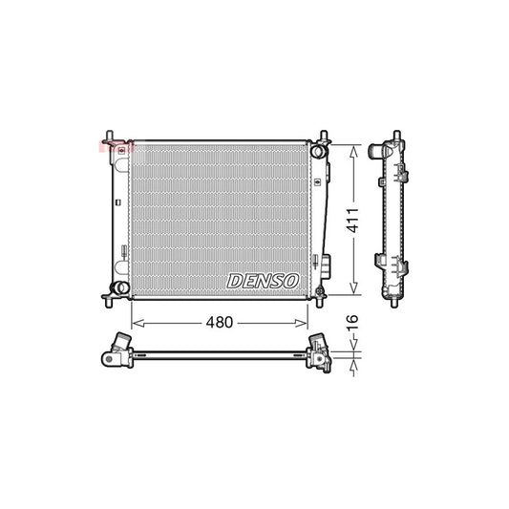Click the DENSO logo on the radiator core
tap(264, 280)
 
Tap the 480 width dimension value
tap(220, 323)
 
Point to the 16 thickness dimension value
tap(352, 323)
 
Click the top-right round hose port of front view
tap(318, 150)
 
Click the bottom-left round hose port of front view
tap(119, 287)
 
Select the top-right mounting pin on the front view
tap(323, 135)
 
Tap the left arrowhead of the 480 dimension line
tap(135, 323)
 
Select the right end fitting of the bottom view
tap(319, 353)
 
